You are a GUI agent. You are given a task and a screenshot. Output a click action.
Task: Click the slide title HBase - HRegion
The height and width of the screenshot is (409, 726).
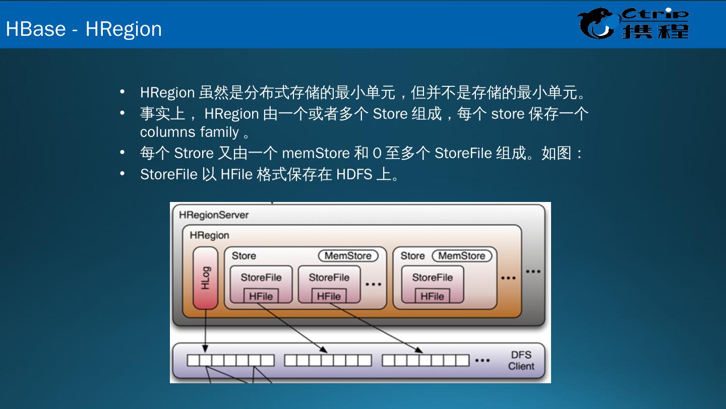(84, 29)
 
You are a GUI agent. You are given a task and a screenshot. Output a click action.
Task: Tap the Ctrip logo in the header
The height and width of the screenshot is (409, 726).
(633, 24)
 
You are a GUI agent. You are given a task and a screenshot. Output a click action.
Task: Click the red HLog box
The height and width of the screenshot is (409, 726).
(205, 278)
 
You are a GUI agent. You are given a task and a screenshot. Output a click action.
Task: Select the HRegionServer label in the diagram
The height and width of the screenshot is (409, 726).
(214, 215)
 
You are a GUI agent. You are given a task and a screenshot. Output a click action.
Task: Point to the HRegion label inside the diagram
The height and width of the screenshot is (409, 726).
(209, 235)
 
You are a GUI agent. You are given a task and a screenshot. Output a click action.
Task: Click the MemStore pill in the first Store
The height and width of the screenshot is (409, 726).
(348, 256)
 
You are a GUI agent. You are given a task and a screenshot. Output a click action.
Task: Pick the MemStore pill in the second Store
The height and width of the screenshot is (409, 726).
(461, 256)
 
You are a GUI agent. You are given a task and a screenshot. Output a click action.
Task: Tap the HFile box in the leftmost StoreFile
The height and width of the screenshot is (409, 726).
(261, 296)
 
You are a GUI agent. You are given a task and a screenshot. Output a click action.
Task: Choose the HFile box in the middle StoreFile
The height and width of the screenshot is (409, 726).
(329, 296)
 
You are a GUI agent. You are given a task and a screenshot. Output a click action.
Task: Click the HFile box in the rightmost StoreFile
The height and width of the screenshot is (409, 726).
(432, 296)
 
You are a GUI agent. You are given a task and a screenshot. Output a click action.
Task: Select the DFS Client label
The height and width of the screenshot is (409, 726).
(521, 361)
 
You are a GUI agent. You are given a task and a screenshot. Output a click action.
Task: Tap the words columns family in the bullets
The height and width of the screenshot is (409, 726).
(190, 132)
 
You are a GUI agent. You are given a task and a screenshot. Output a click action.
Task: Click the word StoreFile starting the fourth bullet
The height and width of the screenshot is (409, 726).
(168, 174)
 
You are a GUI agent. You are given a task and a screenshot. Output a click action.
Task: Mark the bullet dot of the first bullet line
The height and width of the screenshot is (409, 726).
(122, 92)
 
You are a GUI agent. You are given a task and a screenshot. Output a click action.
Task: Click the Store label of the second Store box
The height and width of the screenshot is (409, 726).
(412, 256)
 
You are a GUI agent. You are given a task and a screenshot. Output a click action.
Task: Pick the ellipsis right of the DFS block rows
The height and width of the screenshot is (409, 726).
(482, 361)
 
